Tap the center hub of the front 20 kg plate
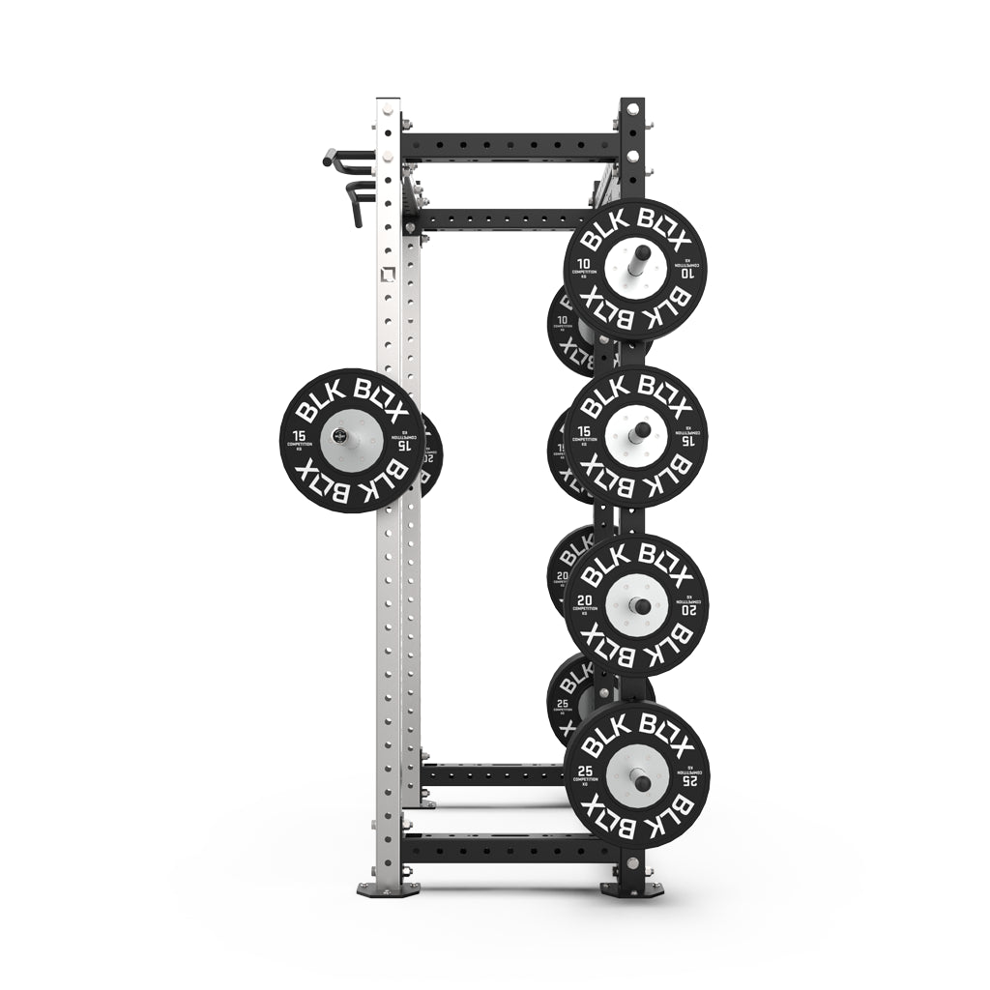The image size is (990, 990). [x=636, y=605]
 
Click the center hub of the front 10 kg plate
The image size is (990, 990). [x=637, y=268]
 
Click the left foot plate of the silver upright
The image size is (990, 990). [x=388, y=888]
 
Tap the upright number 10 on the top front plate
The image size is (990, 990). [x=584, y=264]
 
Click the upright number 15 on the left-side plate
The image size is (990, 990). [x=298, y=436]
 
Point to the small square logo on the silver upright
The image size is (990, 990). [x=387, y=275]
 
